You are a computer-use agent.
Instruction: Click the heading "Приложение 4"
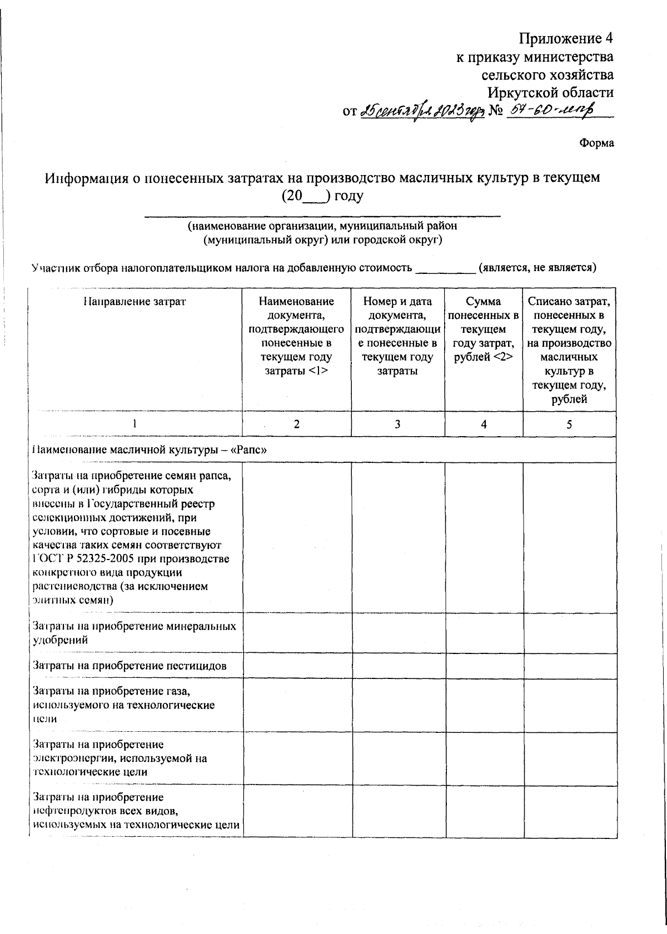(566, 38)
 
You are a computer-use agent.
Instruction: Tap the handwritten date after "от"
(423, 112)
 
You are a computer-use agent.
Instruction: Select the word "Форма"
(596, 143)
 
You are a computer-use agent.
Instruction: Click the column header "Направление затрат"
(135, 302)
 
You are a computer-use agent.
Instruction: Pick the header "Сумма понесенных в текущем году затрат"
(484, 329)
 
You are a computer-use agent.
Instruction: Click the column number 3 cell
(397, 424)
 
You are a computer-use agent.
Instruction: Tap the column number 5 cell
(569, 424)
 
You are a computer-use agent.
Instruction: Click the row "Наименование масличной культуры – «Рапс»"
(150, 450)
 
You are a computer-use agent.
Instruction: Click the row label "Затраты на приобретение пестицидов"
(130, 666)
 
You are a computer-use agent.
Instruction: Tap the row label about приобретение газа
(123, 705)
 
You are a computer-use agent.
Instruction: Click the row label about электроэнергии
(120, 758)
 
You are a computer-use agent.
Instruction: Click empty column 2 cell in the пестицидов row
(296, 666)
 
